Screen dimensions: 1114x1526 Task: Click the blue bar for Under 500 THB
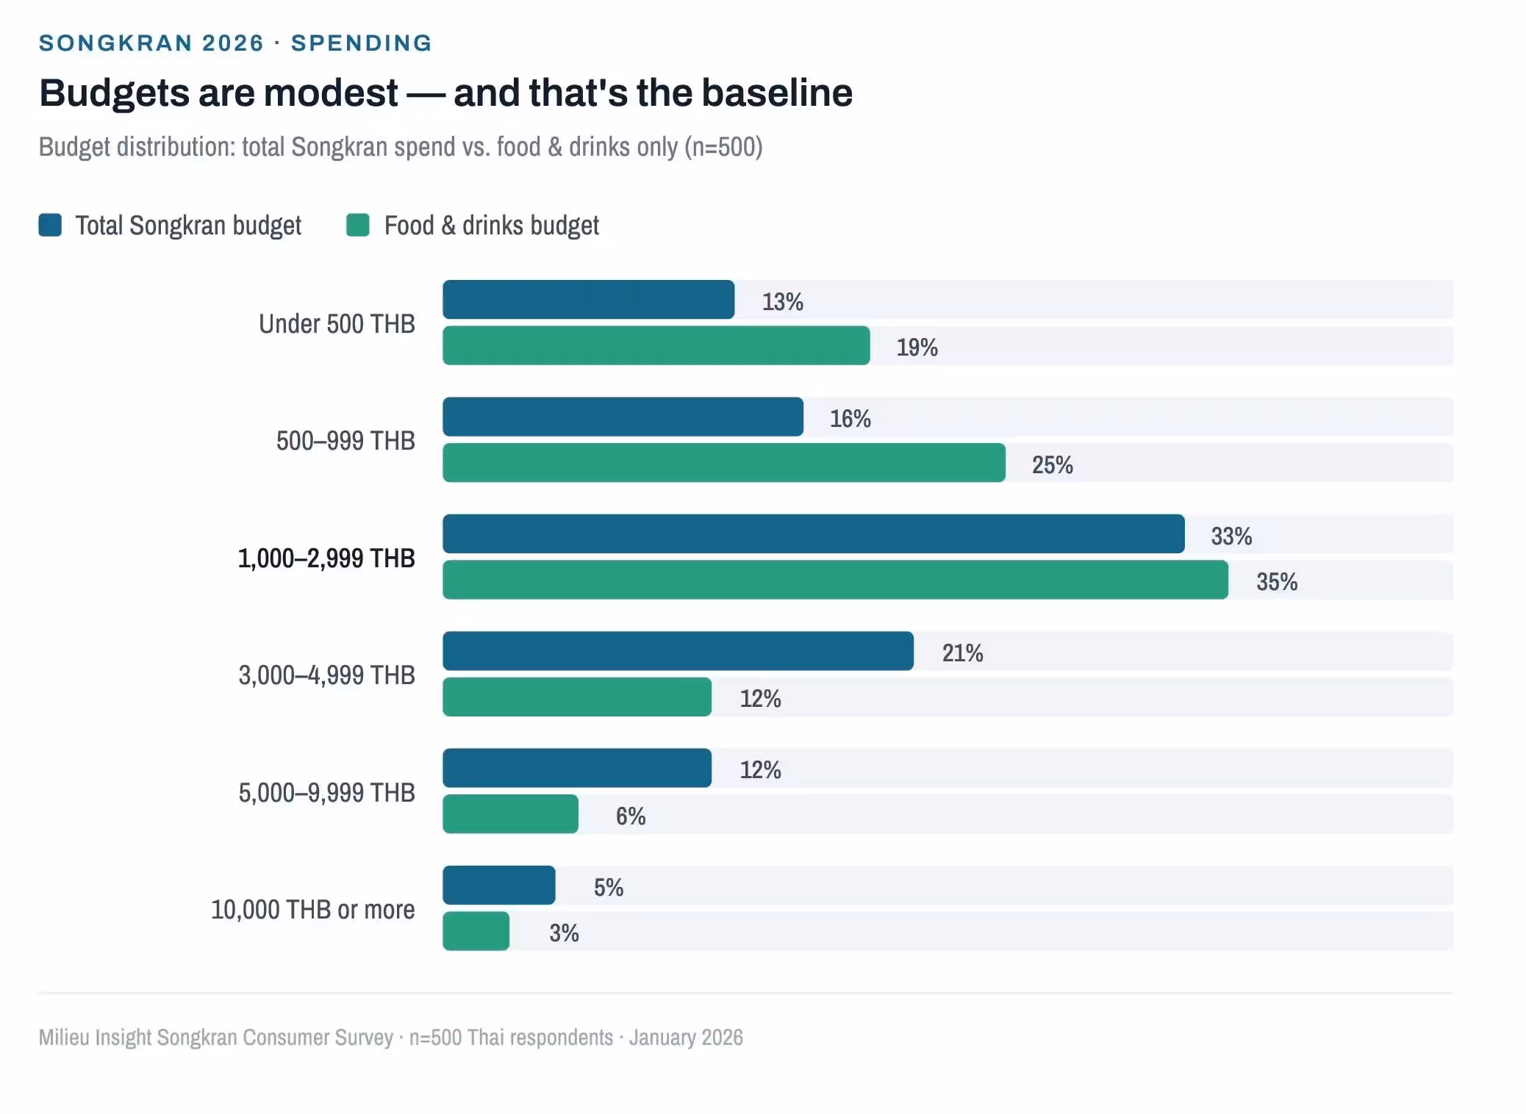[588, 300]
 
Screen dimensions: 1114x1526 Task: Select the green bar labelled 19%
[656, 345]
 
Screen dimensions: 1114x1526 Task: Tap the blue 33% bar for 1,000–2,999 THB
[813, 534]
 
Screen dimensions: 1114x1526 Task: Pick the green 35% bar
[835, 580]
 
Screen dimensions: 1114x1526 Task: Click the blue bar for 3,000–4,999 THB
[678, 651]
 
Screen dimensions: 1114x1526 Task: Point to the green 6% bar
[510, 814]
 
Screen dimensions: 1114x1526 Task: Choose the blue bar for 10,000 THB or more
[498, 885]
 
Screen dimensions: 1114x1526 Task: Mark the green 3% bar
[476, 931]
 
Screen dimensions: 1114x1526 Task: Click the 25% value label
[1052, 464]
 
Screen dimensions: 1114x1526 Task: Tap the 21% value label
[962, 653]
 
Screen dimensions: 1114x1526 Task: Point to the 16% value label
[850, 419]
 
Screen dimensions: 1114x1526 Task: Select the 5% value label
[608, 888]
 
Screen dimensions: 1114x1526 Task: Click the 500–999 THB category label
[345, 441]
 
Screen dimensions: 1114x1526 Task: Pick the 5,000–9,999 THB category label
[326, 793]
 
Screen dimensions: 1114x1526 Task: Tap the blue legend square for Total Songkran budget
[50, 225]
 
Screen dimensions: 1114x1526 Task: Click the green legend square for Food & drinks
[358, 225]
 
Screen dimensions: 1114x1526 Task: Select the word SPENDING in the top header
[361, 43]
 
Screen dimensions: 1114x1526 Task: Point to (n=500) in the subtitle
[723, 147]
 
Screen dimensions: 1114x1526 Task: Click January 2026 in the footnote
[686, 1038]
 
